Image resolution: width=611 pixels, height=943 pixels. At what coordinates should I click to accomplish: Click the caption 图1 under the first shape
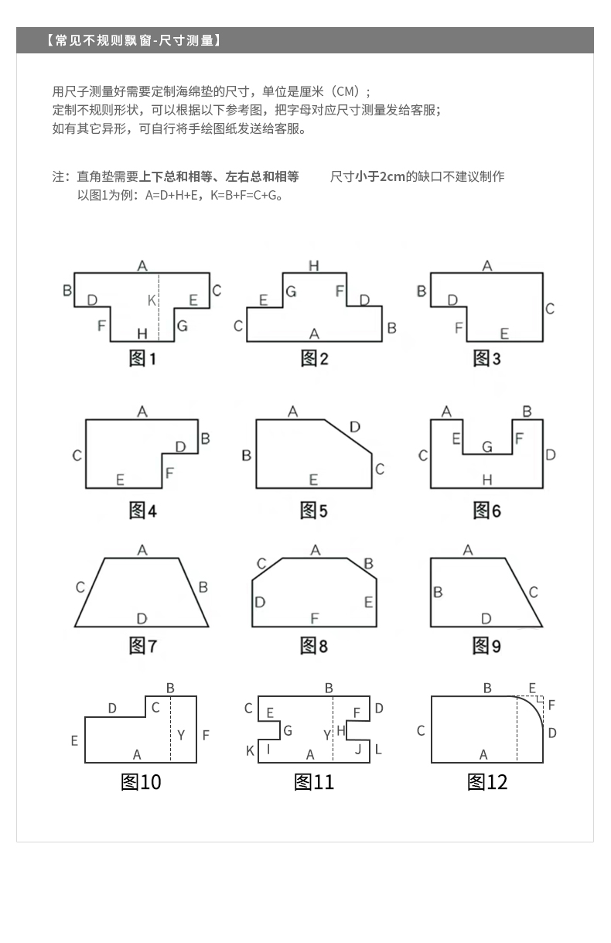pos(142,359)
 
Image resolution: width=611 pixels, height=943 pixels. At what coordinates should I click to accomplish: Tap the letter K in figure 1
pos(152,300)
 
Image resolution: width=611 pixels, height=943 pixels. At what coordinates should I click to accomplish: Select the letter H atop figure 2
pos(314,265)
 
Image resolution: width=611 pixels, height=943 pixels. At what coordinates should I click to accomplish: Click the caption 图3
pos(486,359)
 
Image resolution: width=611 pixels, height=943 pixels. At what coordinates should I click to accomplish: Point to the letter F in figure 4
pos(169,473)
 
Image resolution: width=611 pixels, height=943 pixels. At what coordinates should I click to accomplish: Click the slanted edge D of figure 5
pos(348,436)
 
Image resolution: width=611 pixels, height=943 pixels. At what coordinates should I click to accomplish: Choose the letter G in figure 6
pos(487,446)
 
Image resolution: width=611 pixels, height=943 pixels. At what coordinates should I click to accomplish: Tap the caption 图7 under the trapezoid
pos(142,646)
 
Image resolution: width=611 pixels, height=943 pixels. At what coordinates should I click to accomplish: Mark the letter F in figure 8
pos(314,618)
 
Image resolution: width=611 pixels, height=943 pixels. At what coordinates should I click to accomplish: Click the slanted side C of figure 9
pos(524,593)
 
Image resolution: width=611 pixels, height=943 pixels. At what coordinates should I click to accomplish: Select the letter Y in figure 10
pos(181,735)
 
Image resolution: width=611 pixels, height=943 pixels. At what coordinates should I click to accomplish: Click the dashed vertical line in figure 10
pos(170,729)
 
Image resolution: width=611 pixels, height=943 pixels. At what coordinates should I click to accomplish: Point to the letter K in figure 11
pos(250,750)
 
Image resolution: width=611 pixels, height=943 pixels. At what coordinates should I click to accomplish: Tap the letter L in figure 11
pos(378,750)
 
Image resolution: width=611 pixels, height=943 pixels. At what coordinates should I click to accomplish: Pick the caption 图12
pos(487,782)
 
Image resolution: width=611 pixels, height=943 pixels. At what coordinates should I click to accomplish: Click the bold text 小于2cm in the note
pos(380,176)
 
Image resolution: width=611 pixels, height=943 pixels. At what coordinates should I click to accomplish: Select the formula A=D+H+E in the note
pos(171,196)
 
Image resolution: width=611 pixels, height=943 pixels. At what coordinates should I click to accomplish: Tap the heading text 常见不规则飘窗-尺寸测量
pos(134,40)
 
